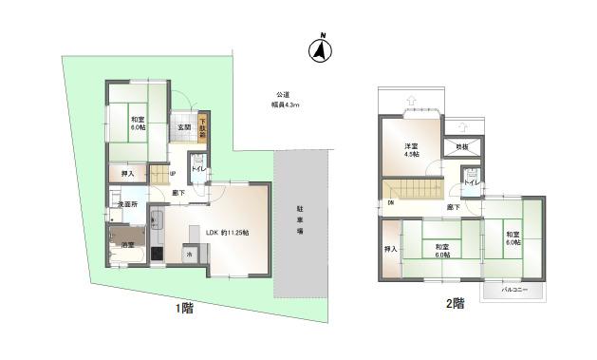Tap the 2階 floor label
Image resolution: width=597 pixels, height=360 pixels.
click(x=456, y=305)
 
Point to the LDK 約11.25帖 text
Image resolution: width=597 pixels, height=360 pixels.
click(x=227, y=231)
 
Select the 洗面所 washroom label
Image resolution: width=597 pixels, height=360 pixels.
click(x=127, y=204)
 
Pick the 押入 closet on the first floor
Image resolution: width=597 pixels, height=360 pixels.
click(x=127, y=174)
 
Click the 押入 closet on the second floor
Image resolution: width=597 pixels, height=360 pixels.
click(x=390, y=249)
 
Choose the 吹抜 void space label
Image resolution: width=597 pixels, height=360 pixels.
click(x=462, y=147)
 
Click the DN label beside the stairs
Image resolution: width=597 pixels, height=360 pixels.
click(x=390, y=203)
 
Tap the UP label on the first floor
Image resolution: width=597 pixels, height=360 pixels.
click(x=173, y=173)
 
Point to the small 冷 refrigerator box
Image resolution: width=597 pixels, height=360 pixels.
click(x=189, y=254)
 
